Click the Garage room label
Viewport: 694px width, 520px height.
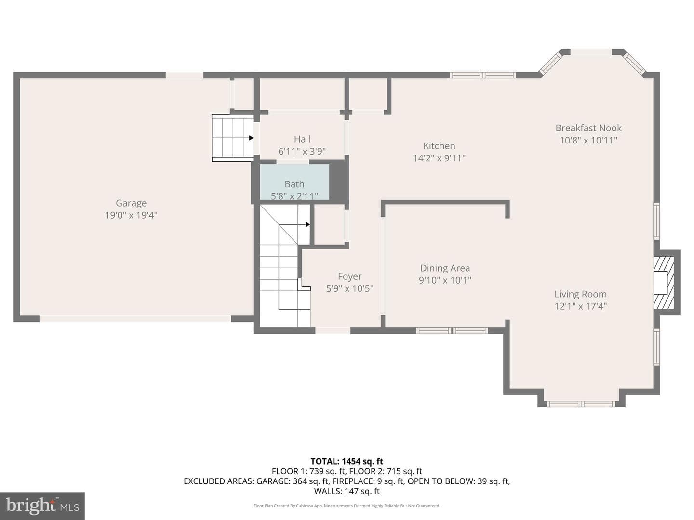click(x=131, y=203)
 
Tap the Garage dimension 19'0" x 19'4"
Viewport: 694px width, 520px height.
click(x=131, y=215)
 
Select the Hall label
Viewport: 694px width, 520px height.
click(x=302, y=139)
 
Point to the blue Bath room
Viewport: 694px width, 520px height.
click(x=294, y=182)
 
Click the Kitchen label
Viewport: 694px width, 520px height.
click(x=439, y=146)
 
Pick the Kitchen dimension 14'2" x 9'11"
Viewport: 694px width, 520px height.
click(x=439, y=158)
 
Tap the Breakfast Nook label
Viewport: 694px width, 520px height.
click(x=588, y=128)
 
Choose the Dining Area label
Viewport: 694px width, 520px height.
click(x=445, y=268)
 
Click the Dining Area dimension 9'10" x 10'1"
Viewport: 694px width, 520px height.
click(x=445, y=280)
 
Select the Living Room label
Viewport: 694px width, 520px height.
click(x=580, y=294)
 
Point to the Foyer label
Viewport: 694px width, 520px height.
click(x=350, y=276)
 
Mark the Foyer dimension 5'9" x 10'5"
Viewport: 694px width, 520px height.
click(x=350, y=288)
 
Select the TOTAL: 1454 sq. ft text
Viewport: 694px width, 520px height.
click(x=347, y=461)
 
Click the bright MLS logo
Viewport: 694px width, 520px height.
click(x=42, y=506)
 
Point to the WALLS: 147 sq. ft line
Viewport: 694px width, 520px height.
click(x=347, y=491)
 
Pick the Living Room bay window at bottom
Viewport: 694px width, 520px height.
click(x=581, y=404)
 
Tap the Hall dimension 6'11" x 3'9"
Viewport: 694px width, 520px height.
click(x=302, y=152)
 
